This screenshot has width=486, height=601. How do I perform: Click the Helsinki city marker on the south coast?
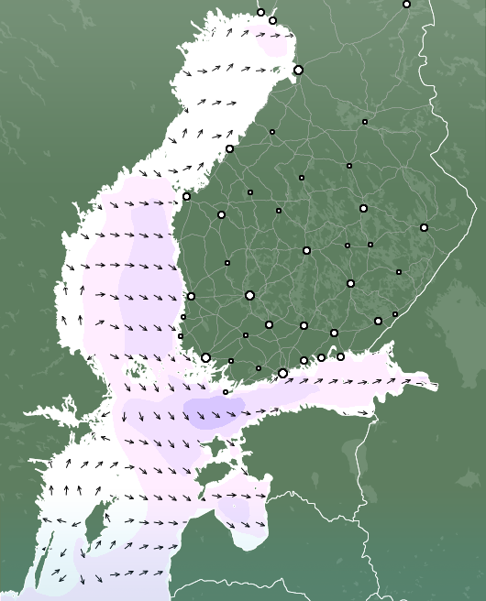282,373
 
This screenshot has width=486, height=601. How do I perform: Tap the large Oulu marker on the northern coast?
298,70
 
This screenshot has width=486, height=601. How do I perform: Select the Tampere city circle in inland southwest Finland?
249,295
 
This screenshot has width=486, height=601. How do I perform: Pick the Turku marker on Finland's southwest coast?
205,357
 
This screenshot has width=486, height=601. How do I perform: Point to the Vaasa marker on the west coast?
186,196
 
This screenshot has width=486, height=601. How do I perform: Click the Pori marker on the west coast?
191,296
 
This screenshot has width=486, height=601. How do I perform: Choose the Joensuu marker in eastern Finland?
424,227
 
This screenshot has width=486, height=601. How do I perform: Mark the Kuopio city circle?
363,208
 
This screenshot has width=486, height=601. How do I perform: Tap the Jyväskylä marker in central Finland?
306,250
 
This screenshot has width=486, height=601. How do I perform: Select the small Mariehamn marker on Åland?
226,392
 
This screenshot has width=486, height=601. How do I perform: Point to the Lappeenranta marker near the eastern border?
378,321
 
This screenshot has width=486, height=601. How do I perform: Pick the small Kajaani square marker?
364,122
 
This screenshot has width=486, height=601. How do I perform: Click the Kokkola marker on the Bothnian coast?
229,148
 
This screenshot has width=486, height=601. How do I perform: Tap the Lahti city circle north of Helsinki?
304,325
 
